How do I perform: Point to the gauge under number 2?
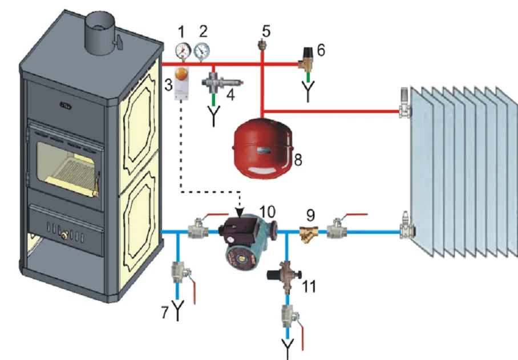201,52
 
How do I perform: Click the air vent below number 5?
263,45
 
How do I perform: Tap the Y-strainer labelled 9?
307,232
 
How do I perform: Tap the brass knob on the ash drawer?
64,233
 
